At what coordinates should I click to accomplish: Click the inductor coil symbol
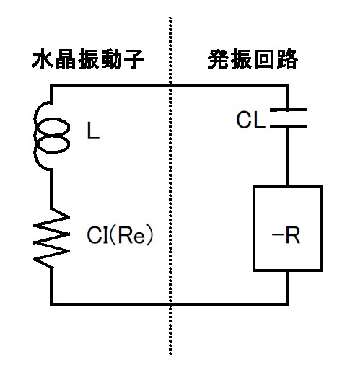pyautogui.click(x=36, y=136)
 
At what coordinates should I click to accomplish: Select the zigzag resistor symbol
pyautogui.click(x=51, y=238)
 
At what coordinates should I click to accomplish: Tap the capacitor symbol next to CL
pyautogui.click(x=288, y=118)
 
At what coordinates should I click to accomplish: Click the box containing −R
pyautogui.click(x=254, y=228)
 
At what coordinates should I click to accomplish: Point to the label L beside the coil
pyautogui.click(x=93, y=131)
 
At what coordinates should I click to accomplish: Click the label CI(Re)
pyautogui.click(x=120, y=234)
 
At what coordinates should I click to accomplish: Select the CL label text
pyautogui.click(x=251, y=120)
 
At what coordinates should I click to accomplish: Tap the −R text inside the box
pyautogui.click(x=286, y=235)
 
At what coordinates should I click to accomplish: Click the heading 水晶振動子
pyautogui.click(x=88, y=59)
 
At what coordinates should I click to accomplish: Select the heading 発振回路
pyautogui.click(x=253, y=59)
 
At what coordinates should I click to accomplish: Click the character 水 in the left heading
pyautogui.click(x=42, y=59)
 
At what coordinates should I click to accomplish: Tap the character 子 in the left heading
pyautogui.click(x=134, y=59)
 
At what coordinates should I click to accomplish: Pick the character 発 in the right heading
pyautogui.click(x=218, y=59)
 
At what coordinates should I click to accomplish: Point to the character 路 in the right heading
pyautogui.click(x=288, y=59)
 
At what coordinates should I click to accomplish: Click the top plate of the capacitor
pyautogui.click(x=288, y=110)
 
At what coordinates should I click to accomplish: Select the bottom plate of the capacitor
pyautogui.click(x=288, y=126)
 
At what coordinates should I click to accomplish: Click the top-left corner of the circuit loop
pyautogui.click(x=51, y=85)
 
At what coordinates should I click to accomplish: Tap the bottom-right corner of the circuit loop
pyautogui.click(x=288, y=304)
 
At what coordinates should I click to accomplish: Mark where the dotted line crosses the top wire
pyautogui.click(x=170, y=85)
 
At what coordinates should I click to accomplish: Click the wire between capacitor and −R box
pyautogui.click(x=288, y=157)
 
